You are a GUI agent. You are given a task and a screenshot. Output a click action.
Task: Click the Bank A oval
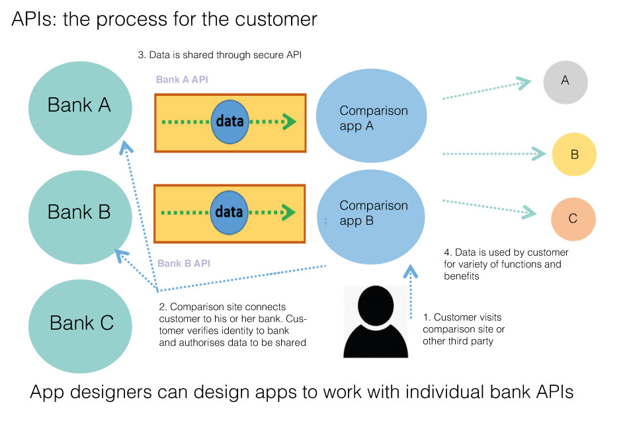(79, 106)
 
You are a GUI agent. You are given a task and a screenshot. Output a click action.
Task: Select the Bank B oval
(79, 213)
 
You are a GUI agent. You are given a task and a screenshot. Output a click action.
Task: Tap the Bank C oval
(81, 323)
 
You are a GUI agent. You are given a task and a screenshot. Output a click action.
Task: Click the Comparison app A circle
(374, 118)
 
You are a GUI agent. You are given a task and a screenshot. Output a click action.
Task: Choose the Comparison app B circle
(374, 213)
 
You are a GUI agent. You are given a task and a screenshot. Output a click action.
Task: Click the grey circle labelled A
(565, 81)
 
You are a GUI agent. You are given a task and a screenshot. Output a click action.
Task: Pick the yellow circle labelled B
(574, 155)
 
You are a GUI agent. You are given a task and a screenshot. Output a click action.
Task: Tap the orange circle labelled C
(573, 219)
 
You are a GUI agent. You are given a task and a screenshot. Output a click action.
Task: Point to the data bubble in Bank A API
(230, 122)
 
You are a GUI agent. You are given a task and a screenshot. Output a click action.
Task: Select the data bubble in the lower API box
(229, 212)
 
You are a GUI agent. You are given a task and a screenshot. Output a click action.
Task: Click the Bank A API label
(183, 80)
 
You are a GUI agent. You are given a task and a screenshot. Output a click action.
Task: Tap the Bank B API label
(184, 264)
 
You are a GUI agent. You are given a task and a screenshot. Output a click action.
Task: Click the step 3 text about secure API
(220, 56)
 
